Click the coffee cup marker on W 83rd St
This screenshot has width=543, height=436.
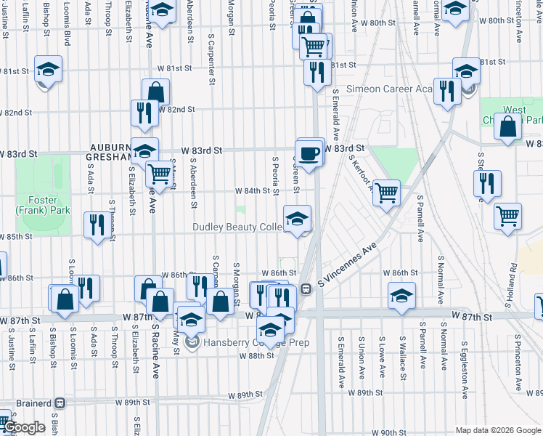310,153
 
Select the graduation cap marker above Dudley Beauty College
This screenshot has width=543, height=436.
296,219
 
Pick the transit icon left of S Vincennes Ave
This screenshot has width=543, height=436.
306,288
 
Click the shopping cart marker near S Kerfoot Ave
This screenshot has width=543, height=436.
387,193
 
